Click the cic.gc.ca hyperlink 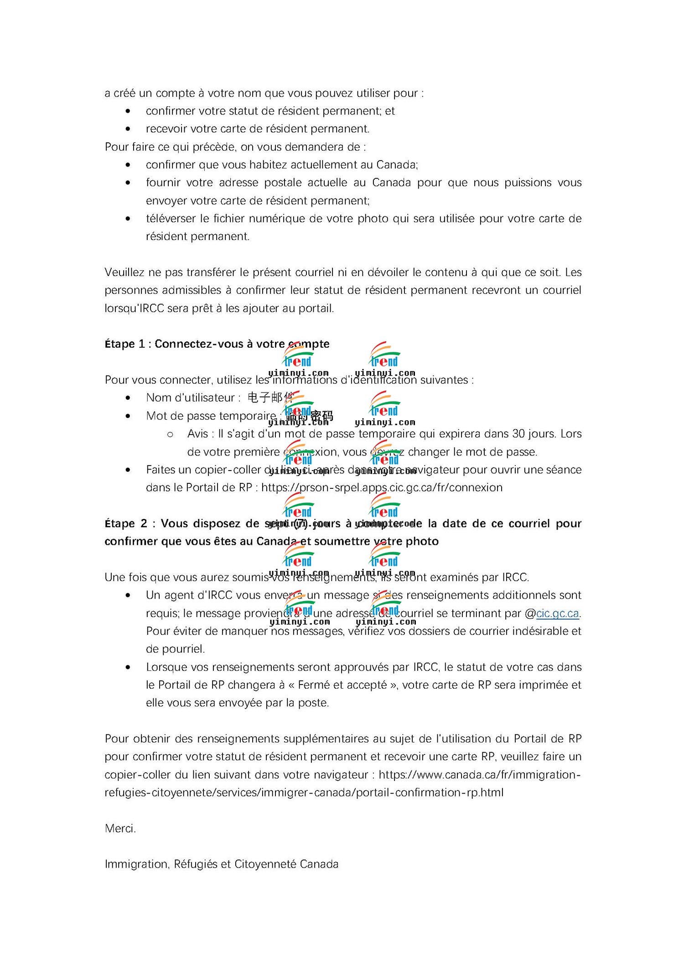tap(557, 613)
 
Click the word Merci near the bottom tap(120, 828)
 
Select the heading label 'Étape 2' tap(126, 523)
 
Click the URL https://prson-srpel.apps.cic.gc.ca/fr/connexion tap(382, 487)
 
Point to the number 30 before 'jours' tap(518, 434)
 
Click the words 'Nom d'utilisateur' tap(190, 398)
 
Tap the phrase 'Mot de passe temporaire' tap(211, 416)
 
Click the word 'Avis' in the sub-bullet tap(197, 434)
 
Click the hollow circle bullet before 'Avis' tap(170, 434)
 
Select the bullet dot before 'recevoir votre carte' tap(128, 129)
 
